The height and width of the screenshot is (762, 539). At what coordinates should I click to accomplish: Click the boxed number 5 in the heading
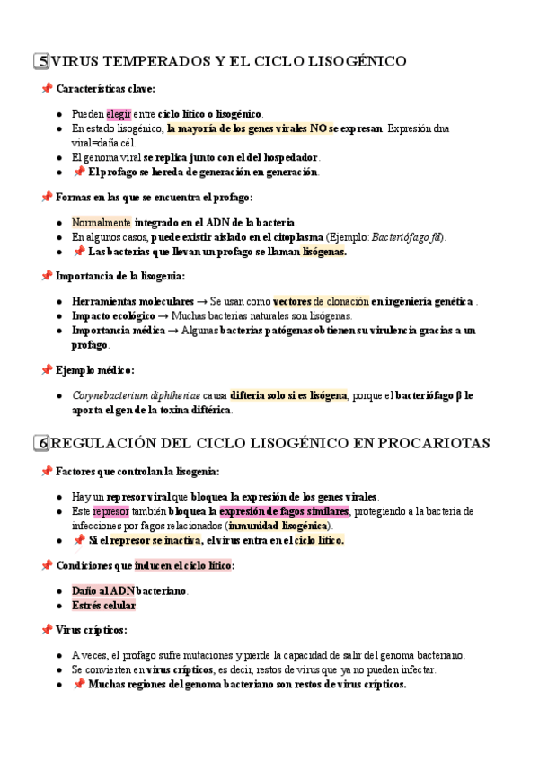point(42,61)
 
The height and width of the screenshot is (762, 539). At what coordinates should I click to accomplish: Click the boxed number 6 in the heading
point(42,443)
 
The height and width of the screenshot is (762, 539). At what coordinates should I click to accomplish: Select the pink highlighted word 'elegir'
point(119,114)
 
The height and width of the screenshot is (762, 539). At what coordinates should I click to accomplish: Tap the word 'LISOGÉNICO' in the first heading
point(358,61)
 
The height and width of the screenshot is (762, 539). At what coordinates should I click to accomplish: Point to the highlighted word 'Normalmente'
point(102,222)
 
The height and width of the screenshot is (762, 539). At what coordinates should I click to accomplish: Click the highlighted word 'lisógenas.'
point(324,252)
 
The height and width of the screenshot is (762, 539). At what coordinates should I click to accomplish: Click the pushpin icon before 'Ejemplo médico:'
point(46,369)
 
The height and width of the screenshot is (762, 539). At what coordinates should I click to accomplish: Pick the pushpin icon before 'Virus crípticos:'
point(46,630)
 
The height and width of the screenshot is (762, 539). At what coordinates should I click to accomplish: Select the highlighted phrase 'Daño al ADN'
point(102,590)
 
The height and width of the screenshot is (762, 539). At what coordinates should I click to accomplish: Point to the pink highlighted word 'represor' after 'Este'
point(111,511)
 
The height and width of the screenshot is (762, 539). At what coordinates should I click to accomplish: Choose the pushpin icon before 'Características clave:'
point(46,89)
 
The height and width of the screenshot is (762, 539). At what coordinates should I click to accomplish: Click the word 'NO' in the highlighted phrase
point(318,128)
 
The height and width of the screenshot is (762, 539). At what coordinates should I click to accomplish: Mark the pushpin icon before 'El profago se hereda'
point(79,173)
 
